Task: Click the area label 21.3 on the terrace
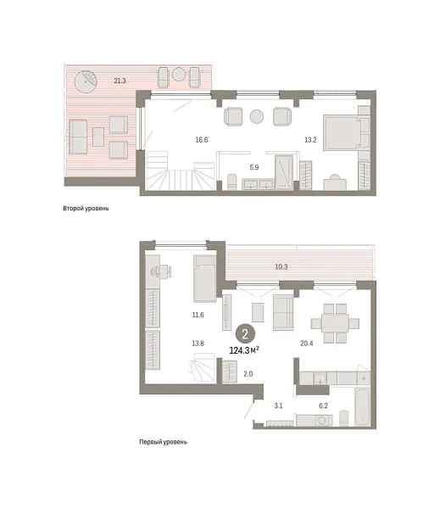[120, 81]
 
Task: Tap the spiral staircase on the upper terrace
[86, 83]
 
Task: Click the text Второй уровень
[86, 208]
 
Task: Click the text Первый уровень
[163, 442]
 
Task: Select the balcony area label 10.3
[282, 267]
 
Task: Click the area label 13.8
[198, 343]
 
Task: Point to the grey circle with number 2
[246, 333]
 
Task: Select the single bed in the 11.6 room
[206, 278]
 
